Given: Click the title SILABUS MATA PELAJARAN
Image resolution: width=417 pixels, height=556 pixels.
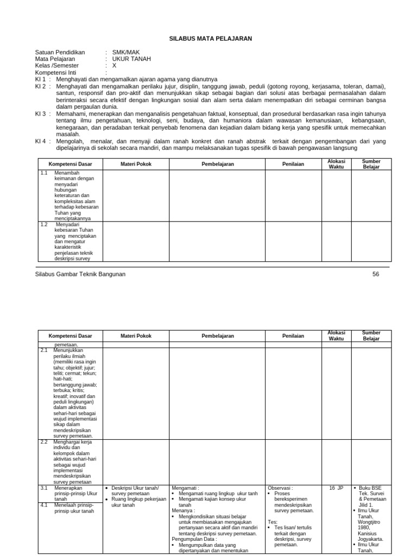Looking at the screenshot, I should [x=208, y=39].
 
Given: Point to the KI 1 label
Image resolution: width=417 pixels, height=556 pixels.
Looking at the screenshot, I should [x=41, y=79].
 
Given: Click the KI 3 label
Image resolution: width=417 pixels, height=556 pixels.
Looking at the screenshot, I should [x=41, y=114].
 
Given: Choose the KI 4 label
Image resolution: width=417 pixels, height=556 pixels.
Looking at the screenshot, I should [x=41, y=141].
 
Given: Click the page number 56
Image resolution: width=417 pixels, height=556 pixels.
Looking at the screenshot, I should [x=376, y=274].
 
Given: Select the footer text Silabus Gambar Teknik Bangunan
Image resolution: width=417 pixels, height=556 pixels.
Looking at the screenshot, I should [x=80, y=274].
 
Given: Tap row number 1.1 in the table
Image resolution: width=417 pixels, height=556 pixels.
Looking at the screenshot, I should [x=45, y=173].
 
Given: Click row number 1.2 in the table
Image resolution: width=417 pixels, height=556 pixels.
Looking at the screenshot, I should [x=45, y=224].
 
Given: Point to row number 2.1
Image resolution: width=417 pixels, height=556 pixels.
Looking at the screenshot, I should [x=45, y=350].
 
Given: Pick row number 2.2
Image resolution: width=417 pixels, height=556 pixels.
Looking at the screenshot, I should [x=45, y=442].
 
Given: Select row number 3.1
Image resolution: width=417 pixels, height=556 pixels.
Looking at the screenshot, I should [x=45, y=488].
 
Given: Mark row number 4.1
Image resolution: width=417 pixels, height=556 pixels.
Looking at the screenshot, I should [x=45, y=505].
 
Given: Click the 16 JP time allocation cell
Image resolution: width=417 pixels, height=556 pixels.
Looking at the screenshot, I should [x=336, y=488].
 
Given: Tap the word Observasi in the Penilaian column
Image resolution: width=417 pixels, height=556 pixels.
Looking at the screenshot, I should [x=280, y=488].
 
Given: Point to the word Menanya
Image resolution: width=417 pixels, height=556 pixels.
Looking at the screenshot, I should [x=183, y=511].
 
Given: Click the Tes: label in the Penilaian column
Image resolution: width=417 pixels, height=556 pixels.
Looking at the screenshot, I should [x=273, y=522].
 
